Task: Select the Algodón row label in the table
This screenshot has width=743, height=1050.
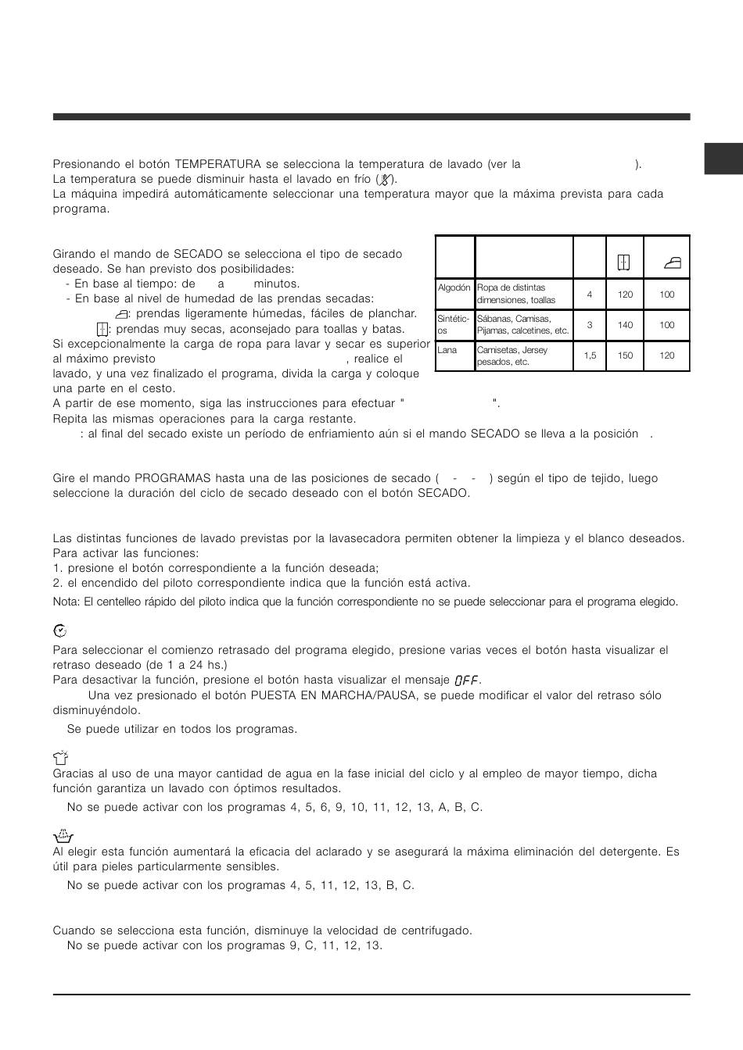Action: (x=454, y=287)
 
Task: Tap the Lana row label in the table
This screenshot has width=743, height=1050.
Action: (x=448, y=350)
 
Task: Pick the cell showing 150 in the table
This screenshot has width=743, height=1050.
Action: (x=625, y=355)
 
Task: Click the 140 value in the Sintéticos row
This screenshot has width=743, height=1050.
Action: (x=625, y=325)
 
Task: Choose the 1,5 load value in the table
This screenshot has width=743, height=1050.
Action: (x=590, y=355)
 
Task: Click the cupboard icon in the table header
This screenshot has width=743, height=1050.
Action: (x=624, y=263)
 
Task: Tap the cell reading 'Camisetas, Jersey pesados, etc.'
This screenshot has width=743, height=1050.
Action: (x=523, y=355)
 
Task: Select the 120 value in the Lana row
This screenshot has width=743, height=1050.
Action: (x=666, y=355)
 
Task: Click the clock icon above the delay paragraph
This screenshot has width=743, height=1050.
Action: (x=59, y=630)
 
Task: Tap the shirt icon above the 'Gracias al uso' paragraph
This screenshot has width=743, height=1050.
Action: (x=60, y=755)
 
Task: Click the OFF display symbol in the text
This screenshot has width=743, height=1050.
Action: (x=467, y=680)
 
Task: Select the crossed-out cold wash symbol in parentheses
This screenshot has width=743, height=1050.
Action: (x=384, y=179)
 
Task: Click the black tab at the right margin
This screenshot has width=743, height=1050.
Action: (x=723, y=158)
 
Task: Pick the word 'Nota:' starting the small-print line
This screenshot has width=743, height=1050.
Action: (x=66, y=602)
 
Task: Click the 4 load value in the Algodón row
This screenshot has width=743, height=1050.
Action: (x=590, y=295)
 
